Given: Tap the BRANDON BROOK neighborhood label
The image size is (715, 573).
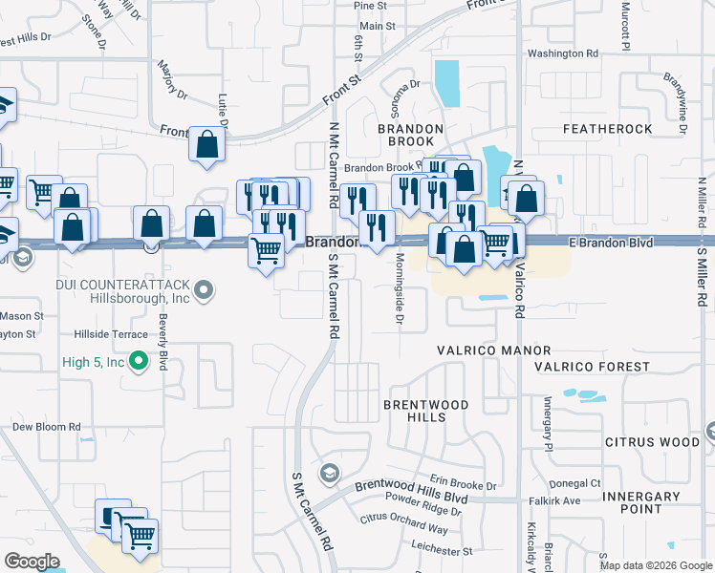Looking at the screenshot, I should [x=410, y=135].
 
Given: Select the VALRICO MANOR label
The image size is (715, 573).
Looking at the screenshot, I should [x=493, y=350].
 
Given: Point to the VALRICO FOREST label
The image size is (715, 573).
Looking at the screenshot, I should [x=592, y=367].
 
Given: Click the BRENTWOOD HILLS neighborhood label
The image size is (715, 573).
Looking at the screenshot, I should [x=425, y=411].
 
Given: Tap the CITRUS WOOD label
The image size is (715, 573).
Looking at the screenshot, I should [x=653, y=442].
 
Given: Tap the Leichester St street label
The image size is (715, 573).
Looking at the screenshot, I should [x=441, y=551].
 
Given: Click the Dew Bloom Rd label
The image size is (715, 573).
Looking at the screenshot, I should [x=46, y=427].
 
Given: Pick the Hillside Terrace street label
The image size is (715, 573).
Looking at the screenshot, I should [x=111, y=334].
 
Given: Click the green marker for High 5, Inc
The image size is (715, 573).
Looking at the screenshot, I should [x=140, y=362].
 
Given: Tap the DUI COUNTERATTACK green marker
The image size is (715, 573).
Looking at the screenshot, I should [x=204, y=288].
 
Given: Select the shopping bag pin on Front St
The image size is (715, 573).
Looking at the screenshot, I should [x=207, y=146].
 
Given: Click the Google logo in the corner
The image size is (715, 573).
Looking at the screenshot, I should [x=32, y=562].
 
